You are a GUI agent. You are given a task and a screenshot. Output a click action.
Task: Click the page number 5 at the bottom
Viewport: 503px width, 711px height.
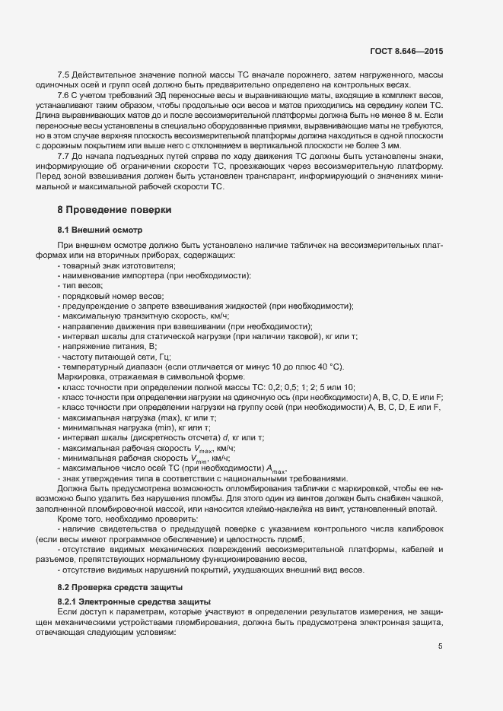click(x=441, y=646)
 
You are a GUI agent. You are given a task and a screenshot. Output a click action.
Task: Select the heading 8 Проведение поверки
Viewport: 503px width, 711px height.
click(x=114, y=209)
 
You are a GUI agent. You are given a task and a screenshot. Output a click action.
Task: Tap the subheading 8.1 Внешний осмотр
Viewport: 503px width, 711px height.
click(x=100, y=229)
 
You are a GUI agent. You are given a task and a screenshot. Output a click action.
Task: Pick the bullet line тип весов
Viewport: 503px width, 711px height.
click(x=86, y=284)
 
